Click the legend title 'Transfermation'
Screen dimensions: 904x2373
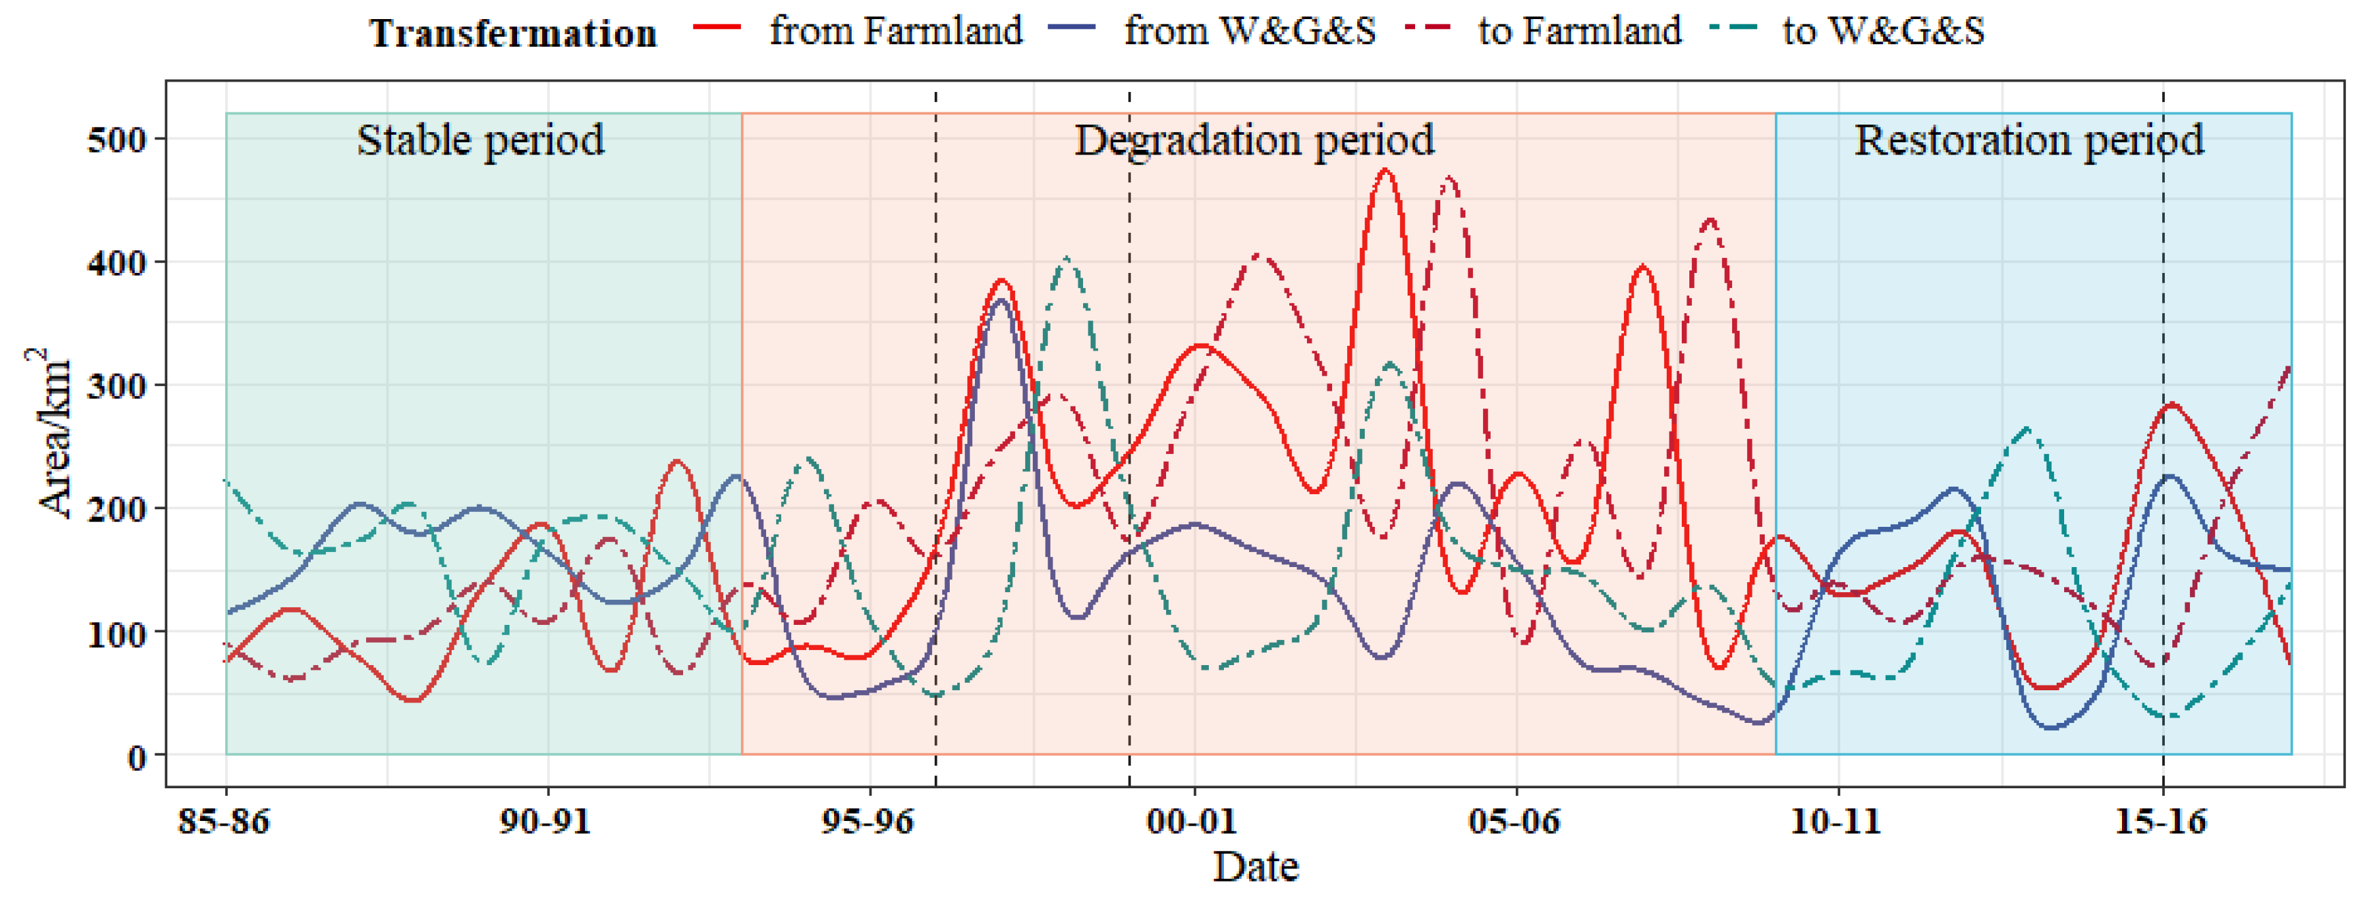click(513, 33)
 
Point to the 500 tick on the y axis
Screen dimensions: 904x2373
click(116, 141)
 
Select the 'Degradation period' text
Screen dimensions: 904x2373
click(1254, 140)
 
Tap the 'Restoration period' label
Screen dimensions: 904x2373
click(2029, 140)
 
